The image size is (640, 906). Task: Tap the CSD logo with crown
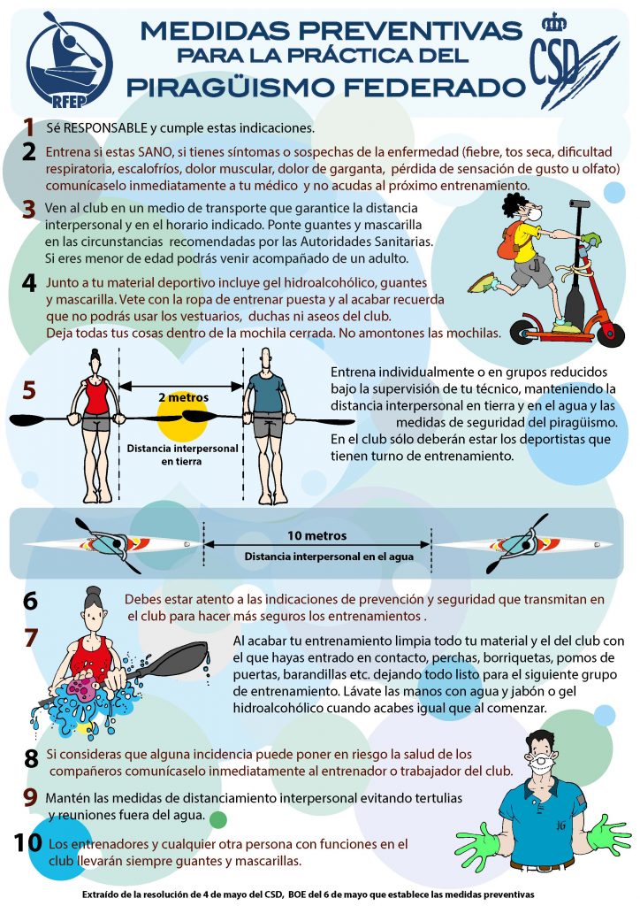(x=571, y=63)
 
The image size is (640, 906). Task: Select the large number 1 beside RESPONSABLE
(x=29, y=127)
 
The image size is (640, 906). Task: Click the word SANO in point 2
(x=154, y=152)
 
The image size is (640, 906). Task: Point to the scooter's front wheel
(x=610, y=334)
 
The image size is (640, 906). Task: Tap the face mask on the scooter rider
(x=535, y=214)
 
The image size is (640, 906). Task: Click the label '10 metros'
(x=316, y=535)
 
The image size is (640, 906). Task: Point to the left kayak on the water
(x=112, y=544)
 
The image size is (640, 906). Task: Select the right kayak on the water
(x=522, y=544)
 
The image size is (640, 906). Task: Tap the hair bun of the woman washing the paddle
(x=93, y=592)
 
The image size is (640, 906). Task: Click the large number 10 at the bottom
(x=27, y=842)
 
